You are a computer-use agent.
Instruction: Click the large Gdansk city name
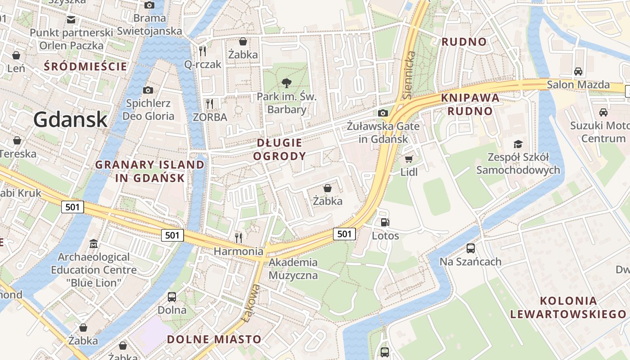[x=70, y=120]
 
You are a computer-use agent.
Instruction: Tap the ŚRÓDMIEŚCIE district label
[x=85, y=67]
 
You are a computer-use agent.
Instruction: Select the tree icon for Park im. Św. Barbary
[x=286, y=83]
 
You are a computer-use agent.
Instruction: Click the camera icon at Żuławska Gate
[x=383, y=113]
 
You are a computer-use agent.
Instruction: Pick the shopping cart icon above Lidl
[x=409, y=159]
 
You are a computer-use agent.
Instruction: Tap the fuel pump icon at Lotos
[x=385, y=222]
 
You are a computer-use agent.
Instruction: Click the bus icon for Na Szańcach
[x=471, y=248]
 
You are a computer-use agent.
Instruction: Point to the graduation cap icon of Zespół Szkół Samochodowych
[x=518, y=144]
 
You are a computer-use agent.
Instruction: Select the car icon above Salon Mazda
[x=578, y=71]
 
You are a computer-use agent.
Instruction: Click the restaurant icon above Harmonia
[x=238, y=237]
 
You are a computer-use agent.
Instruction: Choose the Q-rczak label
[x=203, y=64]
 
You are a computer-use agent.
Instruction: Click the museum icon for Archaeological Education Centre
[x=94, y=244]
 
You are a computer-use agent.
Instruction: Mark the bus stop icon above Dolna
[x=172, y=297]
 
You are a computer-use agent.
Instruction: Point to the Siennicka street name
[x=409, y=75]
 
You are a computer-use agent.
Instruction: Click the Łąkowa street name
[x=251, y=303]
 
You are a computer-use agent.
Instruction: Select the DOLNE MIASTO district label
[x=214, y=339]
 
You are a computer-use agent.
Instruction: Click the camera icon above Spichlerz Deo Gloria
[x=148, y=90]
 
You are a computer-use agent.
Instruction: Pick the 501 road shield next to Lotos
[x=344, y=234]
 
